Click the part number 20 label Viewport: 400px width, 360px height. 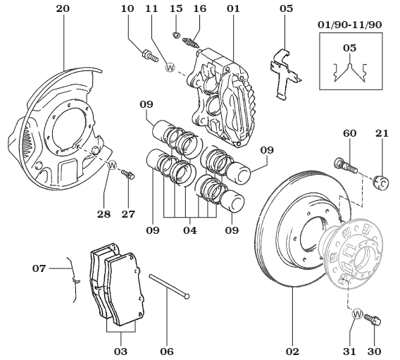pos(62,9)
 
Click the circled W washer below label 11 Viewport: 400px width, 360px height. pos(170,68)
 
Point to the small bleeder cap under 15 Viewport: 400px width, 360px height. pos(177,35)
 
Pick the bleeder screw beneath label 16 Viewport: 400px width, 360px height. pos(191,42)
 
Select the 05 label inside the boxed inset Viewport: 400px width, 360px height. pos(349,48)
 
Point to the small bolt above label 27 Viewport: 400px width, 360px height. pos(127,174)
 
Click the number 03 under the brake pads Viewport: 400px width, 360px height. pos(120,350)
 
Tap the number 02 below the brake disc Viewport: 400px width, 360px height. pos(292,350)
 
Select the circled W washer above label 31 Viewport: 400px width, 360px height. pos(357,315)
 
